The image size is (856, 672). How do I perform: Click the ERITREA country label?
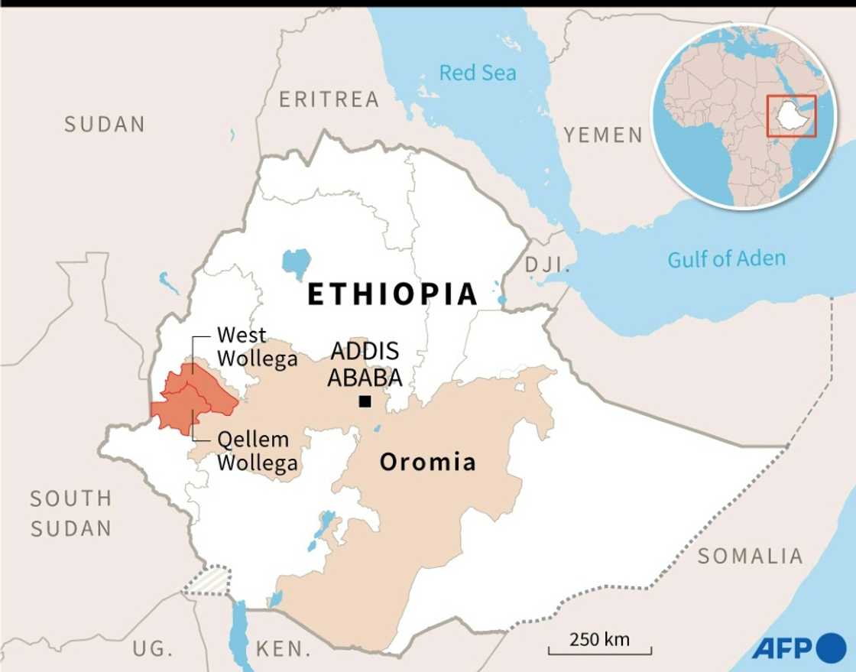click(x=329, y=99)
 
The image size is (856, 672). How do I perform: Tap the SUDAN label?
click(x=104, y=125)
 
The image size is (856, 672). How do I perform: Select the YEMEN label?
click(x=603, y=135)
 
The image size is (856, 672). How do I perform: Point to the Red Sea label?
click(x=477, y=73)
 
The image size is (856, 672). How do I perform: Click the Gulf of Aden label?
click(x=726, y=259)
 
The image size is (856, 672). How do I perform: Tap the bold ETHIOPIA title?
click(x=392, y=294)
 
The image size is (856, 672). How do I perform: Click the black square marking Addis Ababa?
click(x=365, y=401)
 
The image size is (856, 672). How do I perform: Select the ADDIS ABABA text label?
click(x=365, y=365)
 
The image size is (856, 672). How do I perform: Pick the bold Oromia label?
click(x=427, y=462)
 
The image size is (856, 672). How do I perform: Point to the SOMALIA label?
click(x=750, y=556)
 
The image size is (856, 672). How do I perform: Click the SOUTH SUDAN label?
click(x=71, y=513)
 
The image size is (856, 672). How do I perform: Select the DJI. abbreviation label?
click(x=547, y=265)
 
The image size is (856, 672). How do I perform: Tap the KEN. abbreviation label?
click(x=283, y=650)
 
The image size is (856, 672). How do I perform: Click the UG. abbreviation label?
click(x=153, y=649)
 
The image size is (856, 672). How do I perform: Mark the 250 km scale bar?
click(x=599, y=647)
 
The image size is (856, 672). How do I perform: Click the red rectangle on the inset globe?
click(x=792, y=116)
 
